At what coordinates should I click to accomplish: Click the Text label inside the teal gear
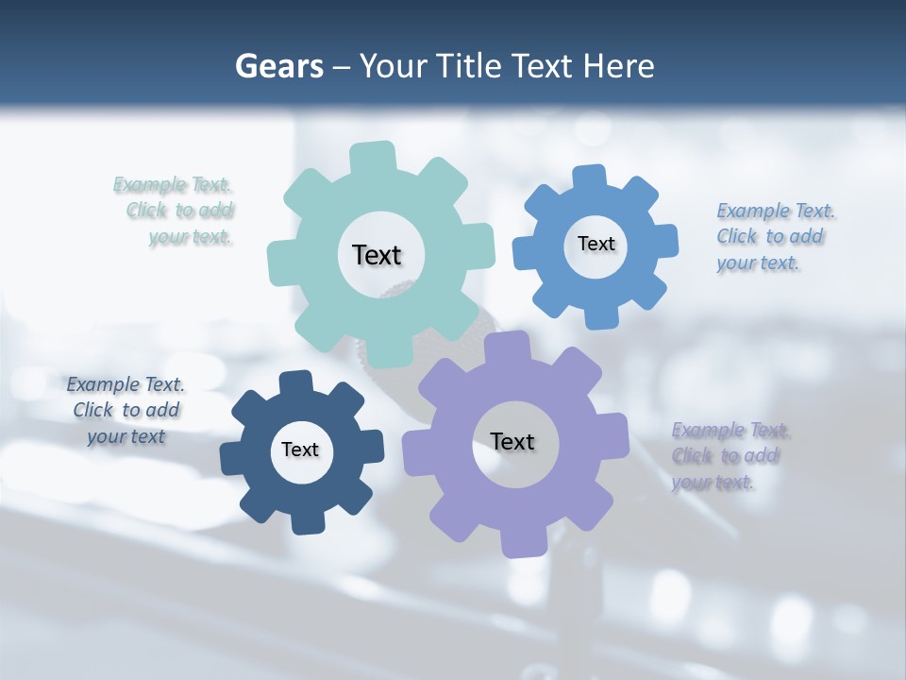click(x=377, y=255)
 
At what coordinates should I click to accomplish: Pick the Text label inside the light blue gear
click(x=596, y=244)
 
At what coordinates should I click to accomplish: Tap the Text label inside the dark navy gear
click(x=300, y=450)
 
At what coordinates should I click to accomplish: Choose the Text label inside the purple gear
click(x=512, y=441)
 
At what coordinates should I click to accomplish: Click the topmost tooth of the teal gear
click(x=374, y=157)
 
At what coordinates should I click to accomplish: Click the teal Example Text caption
click(x=175, y=211)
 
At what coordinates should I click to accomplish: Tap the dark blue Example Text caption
click(x=126, y=410)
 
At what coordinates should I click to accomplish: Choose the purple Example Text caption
click(x=730, y=456)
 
